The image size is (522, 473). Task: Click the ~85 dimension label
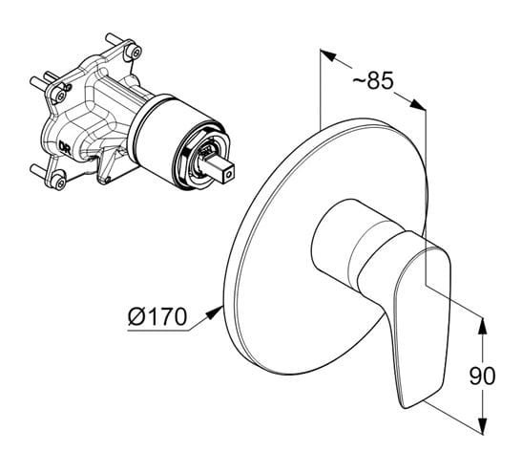(x=372, y=80)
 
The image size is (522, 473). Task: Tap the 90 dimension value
(x=482, y=376)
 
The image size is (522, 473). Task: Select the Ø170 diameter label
(x=157, y=316)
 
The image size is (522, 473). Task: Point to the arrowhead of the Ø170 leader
(x=215, y=312)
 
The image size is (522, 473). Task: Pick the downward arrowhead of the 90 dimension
(x=482, y=425)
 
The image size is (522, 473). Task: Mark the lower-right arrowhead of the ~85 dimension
(x=417, y=104)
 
